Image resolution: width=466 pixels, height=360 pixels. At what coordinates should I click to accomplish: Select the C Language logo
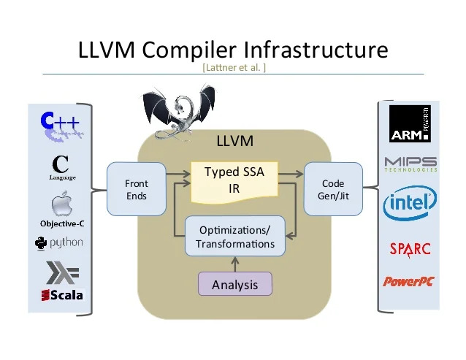[62, 166]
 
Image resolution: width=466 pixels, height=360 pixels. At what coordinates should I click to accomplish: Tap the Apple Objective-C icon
[61, 206]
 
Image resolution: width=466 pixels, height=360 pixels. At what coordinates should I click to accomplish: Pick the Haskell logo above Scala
[61, 272]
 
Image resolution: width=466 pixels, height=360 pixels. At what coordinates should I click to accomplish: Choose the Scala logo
[62, 295]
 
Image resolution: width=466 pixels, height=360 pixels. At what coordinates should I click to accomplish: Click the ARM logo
[409, 124]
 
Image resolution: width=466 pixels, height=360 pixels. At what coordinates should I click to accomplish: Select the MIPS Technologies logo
[410, 164]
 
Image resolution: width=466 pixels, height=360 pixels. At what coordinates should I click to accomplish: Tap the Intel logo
[410, 202]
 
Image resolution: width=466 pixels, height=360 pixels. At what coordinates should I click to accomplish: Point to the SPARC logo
[410, 248]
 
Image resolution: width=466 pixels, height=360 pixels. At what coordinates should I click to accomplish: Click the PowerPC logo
[409, 281]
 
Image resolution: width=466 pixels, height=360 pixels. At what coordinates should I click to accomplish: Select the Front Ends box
[136, 189]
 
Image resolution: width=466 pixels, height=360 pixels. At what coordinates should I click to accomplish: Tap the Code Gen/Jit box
[332, 189]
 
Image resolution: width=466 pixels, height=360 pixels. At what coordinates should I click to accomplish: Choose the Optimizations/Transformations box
[234, 237]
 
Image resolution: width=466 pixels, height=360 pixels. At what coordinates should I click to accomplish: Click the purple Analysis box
[234, 284]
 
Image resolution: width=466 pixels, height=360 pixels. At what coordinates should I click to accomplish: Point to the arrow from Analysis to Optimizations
[234, 264]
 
